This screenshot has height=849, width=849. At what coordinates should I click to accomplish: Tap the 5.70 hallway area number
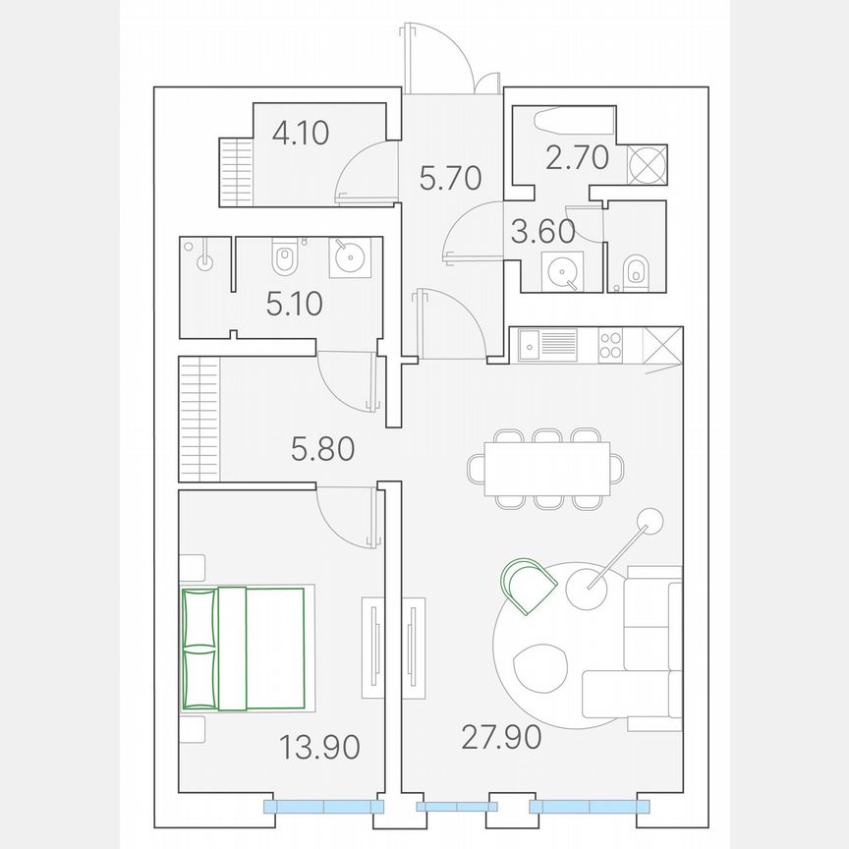[x=450, y=178]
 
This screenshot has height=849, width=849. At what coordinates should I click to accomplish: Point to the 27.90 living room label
[x=500, y=736]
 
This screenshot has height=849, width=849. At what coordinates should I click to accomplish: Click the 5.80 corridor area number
[x=322, y=450]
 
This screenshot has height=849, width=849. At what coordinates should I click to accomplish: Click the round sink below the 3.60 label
[x=563, y=270]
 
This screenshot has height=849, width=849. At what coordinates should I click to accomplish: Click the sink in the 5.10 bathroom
[x=350, y=257]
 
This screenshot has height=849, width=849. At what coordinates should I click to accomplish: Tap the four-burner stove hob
[x=610, y=345]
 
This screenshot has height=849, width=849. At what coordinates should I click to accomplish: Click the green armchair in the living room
[x=529, y=585]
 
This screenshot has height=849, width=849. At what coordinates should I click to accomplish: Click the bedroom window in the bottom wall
[x=323, y=807]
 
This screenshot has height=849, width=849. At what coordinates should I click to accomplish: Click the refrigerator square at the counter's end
[x=661, y=345]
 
